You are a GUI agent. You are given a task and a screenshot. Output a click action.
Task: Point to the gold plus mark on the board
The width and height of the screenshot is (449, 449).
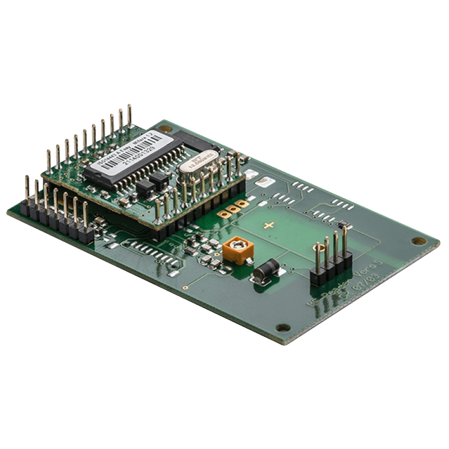click(271, 226)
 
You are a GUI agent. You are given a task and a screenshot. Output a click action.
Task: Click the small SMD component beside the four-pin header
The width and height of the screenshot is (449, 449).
click(343, 225)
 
